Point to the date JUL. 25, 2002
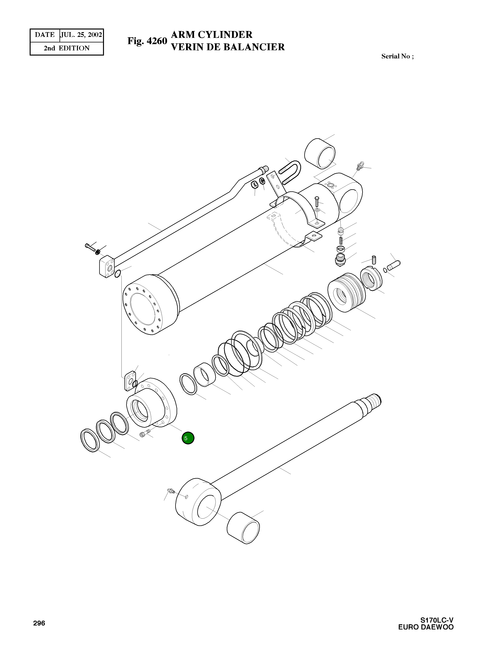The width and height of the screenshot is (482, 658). [x=81, y=35]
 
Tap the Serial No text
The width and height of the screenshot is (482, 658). [x=397, y=56]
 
